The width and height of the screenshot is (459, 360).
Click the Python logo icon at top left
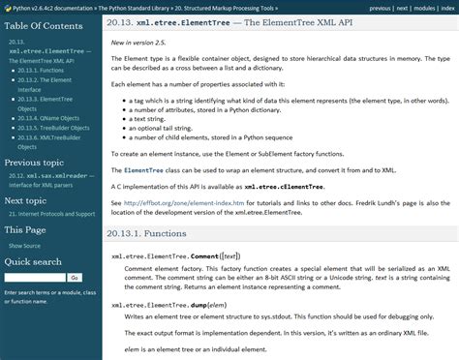point(7,7)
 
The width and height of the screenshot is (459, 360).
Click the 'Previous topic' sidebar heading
point(36,163)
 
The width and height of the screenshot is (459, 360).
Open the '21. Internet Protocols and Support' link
point(51,213)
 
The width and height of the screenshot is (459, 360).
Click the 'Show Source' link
point(25,246)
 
